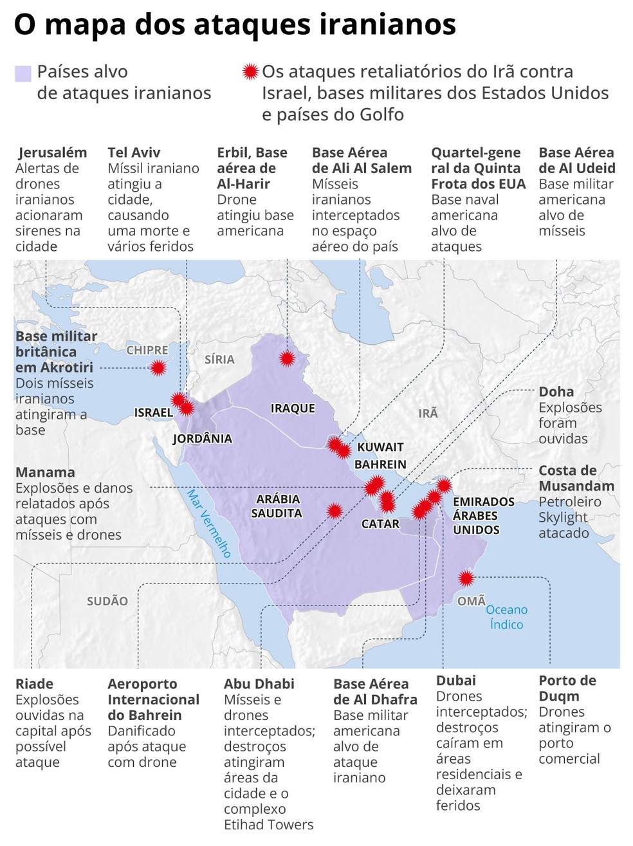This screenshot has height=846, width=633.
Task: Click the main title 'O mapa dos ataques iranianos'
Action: point(235,24)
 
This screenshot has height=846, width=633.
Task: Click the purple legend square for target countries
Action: point(23,73)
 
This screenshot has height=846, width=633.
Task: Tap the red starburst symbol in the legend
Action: point(250,71)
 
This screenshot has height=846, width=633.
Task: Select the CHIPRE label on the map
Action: point(147,350)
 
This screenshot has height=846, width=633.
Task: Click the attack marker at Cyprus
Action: point(158,368)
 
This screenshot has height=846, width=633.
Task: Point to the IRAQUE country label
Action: point(293,408)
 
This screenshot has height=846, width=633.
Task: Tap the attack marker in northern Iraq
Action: point(287,358)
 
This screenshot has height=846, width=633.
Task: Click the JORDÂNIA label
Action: point(202,439)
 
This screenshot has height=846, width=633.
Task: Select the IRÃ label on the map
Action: point(428,413)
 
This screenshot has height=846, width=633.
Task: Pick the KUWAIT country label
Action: point(380,447)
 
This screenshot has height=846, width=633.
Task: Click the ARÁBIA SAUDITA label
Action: point(277,506)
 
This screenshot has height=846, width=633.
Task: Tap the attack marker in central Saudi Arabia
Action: point(334,511)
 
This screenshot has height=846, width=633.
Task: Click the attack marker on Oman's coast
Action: point(466,578)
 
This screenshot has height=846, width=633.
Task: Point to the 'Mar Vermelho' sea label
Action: point(208,522)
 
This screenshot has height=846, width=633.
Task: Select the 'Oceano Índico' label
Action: point(506,617)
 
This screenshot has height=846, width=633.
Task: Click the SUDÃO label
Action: point(107,601)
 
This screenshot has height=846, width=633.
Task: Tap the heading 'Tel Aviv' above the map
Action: point(134,152)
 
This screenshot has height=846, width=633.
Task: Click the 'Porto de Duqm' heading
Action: point(567,688)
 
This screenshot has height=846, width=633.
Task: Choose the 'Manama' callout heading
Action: point(45,472)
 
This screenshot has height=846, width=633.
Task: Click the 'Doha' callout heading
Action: point(556,392)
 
